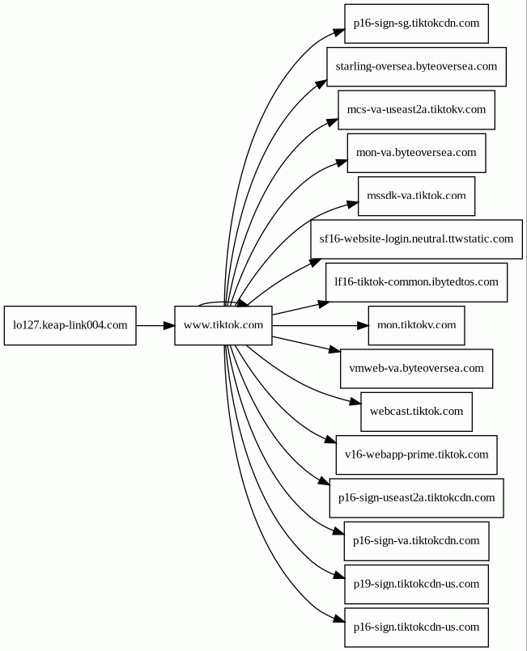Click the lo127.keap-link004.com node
70,325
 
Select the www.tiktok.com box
223,325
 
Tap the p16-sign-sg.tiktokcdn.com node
416,23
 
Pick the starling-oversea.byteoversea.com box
416,67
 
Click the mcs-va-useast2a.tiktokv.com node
416,110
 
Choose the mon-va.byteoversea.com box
416,153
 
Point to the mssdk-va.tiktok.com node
416,197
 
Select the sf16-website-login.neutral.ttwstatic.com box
416,239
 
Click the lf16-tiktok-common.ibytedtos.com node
416,282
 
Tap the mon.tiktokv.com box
416,325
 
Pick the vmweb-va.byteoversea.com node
416,369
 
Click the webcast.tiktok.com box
416,412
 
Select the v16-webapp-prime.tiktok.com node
416,455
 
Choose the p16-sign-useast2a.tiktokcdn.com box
416,498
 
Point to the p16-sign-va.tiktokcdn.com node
416,541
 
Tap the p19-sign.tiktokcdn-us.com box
416,585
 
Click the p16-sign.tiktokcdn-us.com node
416,628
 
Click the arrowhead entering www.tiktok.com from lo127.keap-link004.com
168,325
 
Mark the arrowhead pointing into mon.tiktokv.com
363,325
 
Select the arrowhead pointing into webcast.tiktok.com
355,401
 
